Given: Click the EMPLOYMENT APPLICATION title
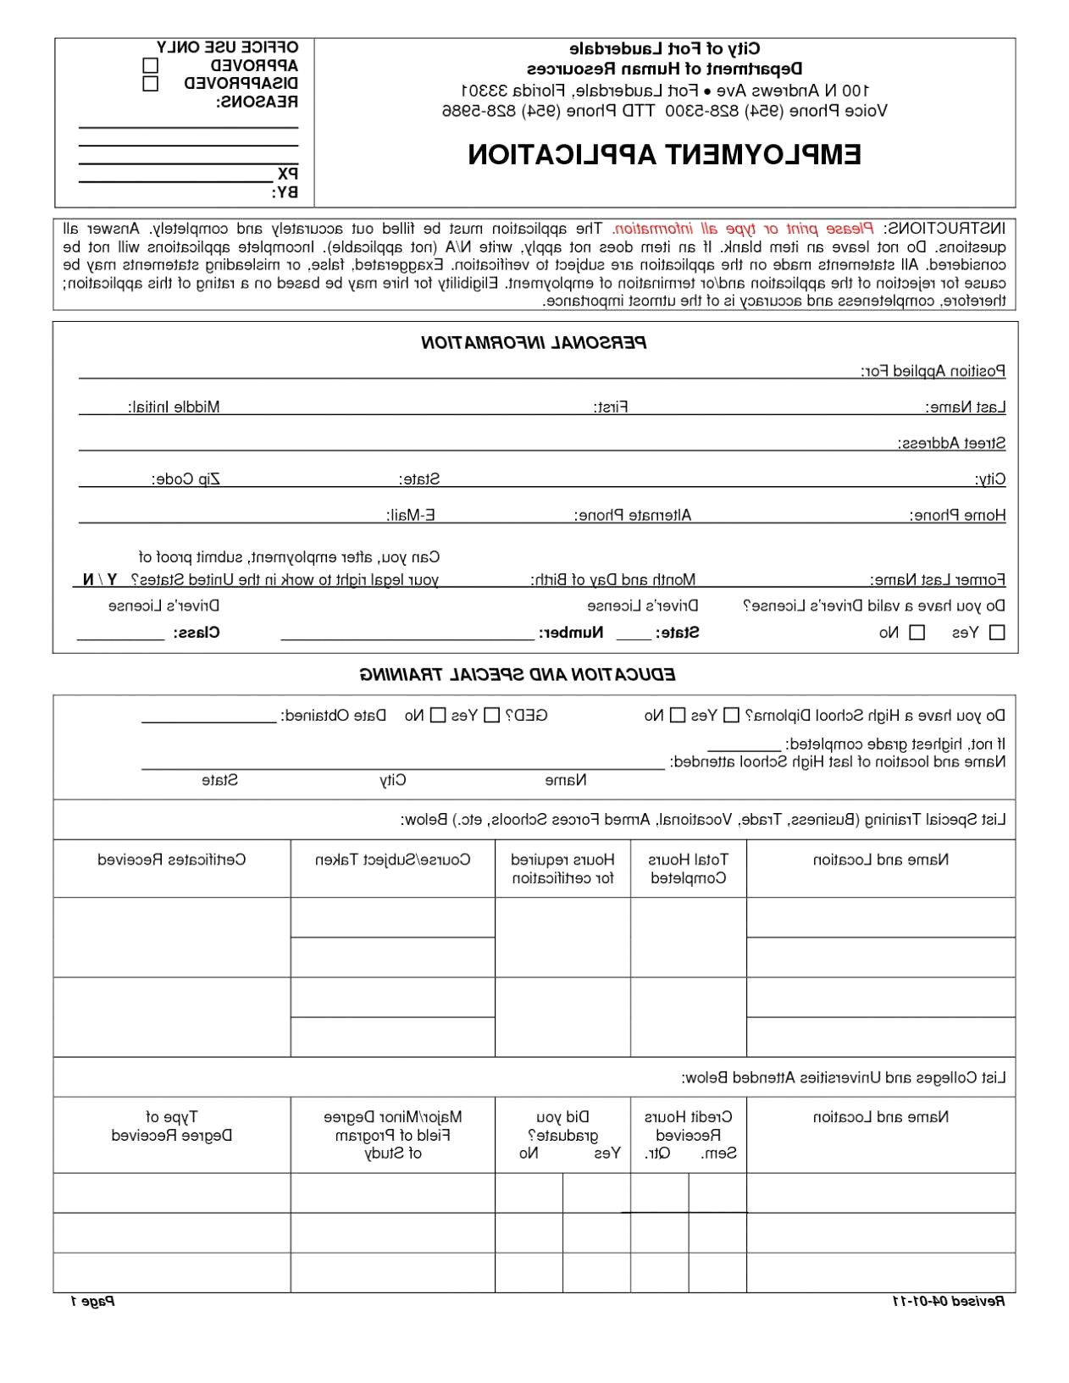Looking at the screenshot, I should [x=664, y=155].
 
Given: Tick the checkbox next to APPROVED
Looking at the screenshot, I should [x=151, y=65].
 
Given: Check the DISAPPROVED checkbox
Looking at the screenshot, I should [x=151, y=84].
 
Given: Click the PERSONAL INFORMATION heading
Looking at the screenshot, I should [x=534, y=343].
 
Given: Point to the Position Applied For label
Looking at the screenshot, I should [x=933, y=371].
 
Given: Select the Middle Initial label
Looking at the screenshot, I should [x=174, y=407].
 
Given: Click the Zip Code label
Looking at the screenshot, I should [x=186, y=479].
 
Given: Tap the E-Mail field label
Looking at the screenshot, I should [x=410, y=515].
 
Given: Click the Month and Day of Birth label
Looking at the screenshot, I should [x=613, y=580].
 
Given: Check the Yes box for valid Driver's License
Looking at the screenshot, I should [x=997, y=633].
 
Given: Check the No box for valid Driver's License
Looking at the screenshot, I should [x=917, y=633].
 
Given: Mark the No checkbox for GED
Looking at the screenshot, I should [x=438, y=716].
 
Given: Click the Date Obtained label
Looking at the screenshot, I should [x=333, y=716].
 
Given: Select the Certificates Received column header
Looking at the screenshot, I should [x=172, y=860].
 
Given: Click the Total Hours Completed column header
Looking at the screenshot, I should [x=688, y=869].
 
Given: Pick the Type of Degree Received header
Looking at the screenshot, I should [x=172, y=1126].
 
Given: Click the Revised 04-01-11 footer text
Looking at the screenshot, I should [x=949, y=1301].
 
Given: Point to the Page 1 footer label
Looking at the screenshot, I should [x=92, y=1301].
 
